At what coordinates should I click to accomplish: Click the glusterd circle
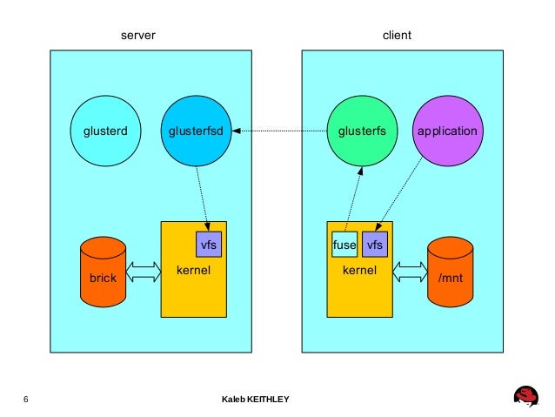tap(105, 131)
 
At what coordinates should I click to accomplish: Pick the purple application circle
tap(447, 131)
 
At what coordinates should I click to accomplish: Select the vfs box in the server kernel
tap(209, 245)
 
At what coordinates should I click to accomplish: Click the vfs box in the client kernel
tap(375, 245)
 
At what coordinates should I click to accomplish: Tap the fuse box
tap(344, 245)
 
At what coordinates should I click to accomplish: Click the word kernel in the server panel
tap(193, 272)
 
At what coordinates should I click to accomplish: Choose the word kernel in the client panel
tap(359, 271)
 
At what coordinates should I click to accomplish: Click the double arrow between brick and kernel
tap(144, 272)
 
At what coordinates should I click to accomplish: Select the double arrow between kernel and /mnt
tap(410, 272)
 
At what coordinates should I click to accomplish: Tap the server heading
tap(137, 36)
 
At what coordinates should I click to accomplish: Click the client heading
tap(397, 36)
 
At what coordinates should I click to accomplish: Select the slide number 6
tap(26, 399)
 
